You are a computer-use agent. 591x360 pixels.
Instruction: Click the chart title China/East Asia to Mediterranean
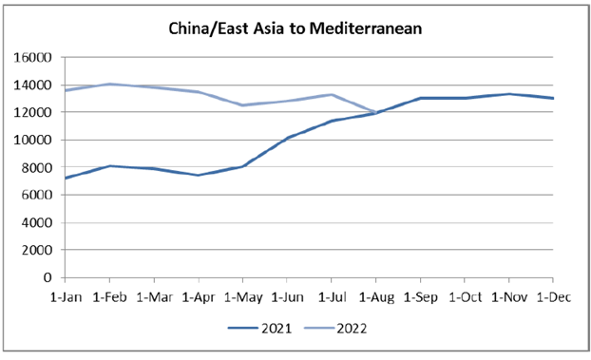[295, 28]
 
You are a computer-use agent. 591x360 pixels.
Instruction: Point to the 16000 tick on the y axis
[35, 58]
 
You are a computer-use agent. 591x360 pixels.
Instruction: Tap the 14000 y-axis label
[35, 85]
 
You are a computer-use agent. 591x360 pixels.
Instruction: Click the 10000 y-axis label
[35, 141]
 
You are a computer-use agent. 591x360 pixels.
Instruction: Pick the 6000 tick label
[39, 196]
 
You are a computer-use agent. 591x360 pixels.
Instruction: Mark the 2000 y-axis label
[39, 251]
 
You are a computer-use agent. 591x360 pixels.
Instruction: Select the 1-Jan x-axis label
[65, 295]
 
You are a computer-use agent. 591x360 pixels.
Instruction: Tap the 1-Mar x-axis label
[153, 295]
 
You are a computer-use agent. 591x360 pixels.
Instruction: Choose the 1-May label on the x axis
[242, 295]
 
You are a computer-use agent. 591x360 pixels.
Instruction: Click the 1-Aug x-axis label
[375, 295]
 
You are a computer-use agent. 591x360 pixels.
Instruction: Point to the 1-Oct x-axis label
[465, 295]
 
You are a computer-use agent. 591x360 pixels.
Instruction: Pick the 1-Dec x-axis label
[553, 295]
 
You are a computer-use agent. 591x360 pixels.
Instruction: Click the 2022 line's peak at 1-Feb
[109, 84]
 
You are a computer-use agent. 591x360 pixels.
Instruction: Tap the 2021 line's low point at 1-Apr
[198, 175]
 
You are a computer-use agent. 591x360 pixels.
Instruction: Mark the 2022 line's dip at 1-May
[242, 105]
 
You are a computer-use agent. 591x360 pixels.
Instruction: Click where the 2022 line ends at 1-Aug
[375, 113]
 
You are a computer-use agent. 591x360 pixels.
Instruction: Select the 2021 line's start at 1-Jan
[65, 178]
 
